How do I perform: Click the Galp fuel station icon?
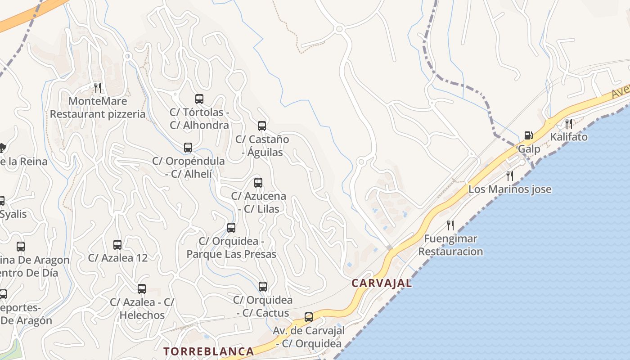tap(529, 135)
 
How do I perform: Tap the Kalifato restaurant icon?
tap(569, 123)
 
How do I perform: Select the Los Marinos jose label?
tap(510, 189)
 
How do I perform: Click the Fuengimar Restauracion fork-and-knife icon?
tap(450, 225)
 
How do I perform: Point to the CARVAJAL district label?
tap(382, 283)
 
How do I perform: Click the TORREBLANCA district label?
tap(209, 351)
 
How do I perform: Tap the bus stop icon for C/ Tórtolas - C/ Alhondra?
tap(199, 99)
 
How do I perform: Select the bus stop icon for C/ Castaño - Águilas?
tap(262, 126)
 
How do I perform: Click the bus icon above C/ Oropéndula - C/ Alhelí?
tap(188, 148)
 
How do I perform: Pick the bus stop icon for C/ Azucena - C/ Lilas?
tap(258, 183)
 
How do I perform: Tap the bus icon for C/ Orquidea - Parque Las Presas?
tap(231, 228)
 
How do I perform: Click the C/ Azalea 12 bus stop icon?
tap(117, 245)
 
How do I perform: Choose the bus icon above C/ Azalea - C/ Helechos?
tap(142, 289)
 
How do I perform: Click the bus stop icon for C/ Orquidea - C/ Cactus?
tap(263, 287)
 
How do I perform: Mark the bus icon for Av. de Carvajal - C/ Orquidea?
tap(309, 317)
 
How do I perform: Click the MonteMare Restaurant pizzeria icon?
tap(98, 87)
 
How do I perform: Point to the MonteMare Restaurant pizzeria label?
tap(98, 107)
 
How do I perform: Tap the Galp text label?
tap(529, 148)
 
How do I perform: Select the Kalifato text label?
tap(569, 137)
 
